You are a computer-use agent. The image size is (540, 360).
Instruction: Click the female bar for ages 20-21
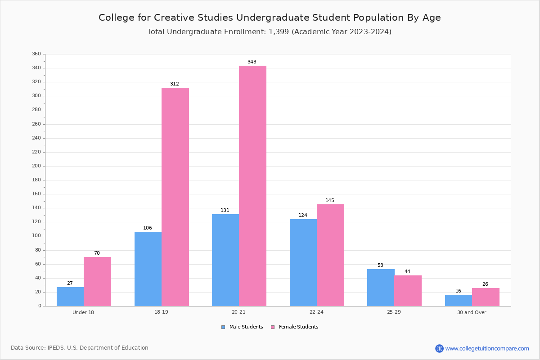click(252, 186)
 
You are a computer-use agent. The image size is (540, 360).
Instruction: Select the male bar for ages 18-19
click(148, 269)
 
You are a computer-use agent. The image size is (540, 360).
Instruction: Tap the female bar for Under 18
click(97, 281)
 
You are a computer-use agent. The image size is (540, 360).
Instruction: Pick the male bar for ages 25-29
click(381, 288)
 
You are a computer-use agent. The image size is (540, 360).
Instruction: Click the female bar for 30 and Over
click(486, 297)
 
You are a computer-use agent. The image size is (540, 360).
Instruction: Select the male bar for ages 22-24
click(303, 262)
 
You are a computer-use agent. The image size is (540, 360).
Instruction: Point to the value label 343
click(252, 62)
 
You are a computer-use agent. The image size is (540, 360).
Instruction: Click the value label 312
click(175, 84)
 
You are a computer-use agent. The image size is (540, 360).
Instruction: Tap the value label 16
click(458, 291)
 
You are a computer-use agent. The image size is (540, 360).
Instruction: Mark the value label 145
click(330, 201)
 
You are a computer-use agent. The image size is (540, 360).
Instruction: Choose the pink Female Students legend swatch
click(273, 327)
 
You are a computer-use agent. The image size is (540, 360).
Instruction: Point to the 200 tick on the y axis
click(36, 166)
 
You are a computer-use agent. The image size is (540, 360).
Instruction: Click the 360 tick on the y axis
click(36, 54)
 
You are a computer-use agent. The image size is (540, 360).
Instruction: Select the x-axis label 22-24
click(316, 312)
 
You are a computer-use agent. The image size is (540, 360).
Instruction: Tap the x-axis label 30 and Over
click(472, 312)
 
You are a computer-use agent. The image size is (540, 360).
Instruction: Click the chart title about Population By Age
click(270, 18)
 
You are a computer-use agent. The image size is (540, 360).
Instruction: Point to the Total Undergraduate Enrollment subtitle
click(270, 32)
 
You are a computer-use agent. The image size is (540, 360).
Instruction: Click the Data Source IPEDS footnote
click(80, 348)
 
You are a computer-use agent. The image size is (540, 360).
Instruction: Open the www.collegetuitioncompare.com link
click(487, 348)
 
